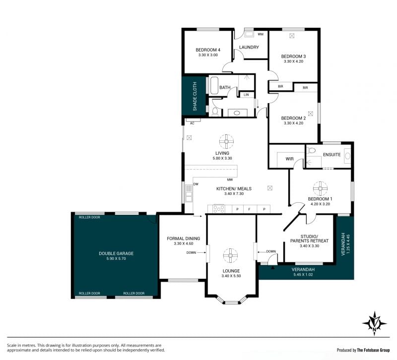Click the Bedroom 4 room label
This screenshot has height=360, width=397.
[208, 50]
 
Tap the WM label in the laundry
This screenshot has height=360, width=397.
[261, 34]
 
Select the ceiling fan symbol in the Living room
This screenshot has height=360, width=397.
[226, 141]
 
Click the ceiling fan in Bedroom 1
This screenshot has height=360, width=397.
[320, 188]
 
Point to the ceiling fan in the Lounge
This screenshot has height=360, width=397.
[230, 255]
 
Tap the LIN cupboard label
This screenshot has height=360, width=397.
[246, 95]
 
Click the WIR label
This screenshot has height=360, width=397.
[289, 159]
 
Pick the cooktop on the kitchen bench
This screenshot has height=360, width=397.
[219, 209]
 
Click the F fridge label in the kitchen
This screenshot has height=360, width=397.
[250, 209]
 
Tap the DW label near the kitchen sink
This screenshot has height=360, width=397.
[196, 184]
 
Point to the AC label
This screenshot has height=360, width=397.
[192, 123]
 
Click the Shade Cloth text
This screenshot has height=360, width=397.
[195, 96]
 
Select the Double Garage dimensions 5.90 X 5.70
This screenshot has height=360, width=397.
[116, 258]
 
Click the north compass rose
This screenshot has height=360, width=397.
[375, 323]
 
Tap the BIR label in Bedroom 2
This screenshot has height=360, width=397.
[305, 88]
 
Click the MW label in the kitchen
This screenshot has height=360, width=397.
[230, 180]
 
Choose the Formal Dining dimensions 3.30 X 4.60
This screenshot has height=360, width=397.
[184, 243]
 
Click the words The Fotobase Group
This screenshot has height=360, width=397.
[373, 350]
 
